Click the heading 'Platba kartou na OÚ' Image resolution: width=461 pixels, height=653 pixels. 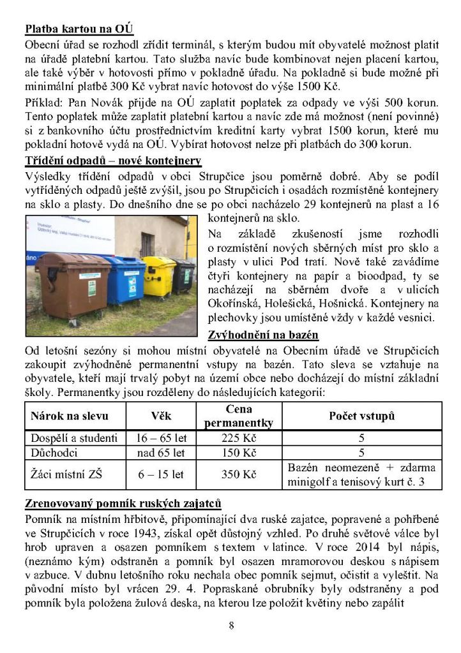79,30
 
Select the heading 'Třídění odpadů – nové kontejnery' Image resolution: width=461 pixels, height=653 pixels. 113,160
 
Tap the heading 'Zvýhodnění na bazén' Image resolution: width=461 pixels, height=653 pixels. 264,335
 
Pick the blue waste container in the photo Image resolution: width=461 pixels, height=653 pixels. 125,278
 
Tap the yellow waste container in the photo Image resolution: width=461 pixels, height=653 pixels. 158,275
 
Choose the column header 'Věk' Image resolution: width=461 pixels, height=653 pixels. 161,416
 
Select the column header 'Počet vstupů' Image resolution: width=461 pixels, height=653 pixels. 361,416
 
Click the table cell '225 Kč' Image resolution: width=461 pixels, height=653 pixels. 239,438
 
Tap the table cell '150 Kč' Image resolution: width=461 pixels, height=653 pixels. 239,453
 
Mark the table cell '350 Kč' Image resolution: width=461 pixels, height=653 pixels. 239,475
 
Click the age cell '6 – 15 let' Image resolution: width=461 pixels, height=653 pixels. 161,475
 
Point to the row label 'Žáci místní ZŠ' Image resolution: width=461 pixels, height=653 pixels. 64,475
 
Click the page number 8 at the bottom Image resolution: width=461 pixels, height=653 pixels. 231,625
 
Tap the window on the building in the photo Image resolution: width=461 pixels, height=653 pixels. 148,242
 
